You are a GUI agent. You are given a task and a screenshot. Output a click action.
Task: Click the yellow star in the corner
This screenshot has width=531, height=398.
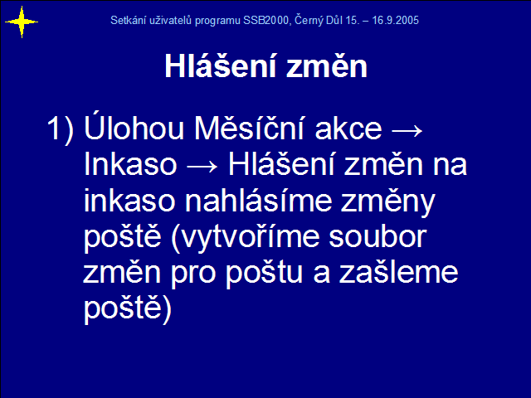coord(22,22)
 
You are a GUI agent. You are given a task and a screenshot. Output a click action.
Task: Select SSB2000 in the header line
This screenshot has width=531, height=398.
coord(265,20)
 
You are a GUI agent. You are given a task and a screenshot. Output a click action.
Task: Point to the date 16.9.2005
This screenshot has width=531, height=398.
coord(395,20)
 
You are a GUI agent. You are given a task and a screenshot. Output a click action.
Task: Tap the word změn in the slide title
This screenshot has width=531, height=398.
coord(327,66)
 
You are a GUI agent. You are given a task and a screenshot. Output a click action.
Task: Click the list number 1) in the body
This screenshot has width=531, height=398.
coord(60,129)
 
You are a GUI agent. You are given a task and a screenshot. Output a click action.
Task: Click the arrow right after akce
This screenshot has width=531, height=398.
coord(407,130)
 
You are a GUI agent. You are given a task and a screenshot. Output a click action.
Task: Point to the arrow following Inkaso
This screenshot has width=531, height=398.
coord(202,167)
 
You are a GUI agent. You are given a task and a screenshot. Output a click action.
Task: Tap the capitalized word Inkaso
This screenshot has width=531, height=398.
coord(130,164)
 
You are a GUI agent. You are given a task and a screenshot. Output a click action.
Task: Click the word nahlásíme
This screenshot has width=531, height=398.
coord(259,201)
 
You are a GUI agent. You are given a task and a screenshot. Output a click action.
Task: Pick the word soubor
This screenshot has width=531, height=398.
coord(378,237)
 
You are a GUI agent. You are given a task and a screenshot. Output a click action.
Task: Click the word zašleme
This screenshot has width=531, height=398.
coord(398,273)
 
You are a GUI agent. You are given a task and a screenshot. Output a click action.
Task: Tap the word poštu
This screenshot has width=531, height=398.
coord(264,274)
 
